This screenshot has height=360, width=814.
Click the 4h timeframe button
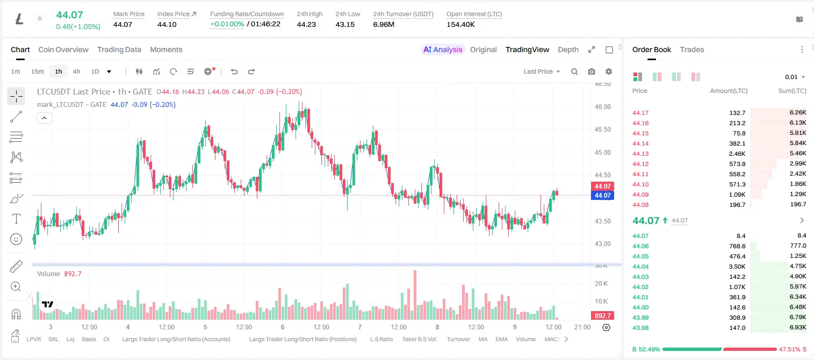click(x=76, y=71)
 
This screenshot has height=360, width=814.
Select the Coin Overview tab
click(x=63, y=49)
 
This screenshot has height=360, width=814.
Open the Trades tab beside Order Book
click(x=691, y=49)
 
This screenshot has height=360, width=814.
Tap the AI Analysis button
click(x=443, y=49)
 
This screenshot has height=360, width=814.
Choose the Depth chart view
click(x=568, y=49)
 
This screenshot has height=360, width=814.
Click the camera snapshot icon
click(x=591, y=71)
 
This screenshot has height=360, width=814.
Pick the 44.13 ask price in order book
click(x=640, y=154)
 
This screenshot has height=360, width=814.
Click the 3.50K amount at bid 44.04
click(x=737, y=267)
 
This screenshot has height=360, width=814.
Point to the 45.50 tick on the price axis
click(x=602, y=129)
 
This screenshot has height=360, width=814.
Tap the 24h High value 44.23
click(x=306, y=24)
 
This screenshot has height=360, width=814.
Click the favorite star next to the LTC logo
click(x=40, y=18)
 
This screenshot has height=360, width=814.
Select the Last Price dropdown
click(x=542, y=71)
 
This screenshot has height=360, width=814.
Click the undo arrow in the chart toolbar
click(x=234, y=71)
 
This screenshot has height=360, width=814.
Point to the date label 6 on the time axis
click(x=283, y=327)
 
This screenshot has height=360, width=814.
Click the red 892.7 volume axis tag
click(x=602, y=316)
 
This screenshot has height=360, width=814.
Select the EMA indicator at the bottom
click(x=501, y=339)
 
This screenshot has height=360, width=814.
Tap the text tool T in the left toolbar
click(x=16, y=219)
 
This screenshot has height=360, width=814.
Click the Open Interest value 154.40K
click(x=460, y=24)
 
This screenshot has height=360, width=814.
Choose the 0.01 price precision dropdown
click(x=795, y=77)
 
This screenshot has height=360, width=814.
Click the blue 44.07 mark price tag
click(x=602, y=196)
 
